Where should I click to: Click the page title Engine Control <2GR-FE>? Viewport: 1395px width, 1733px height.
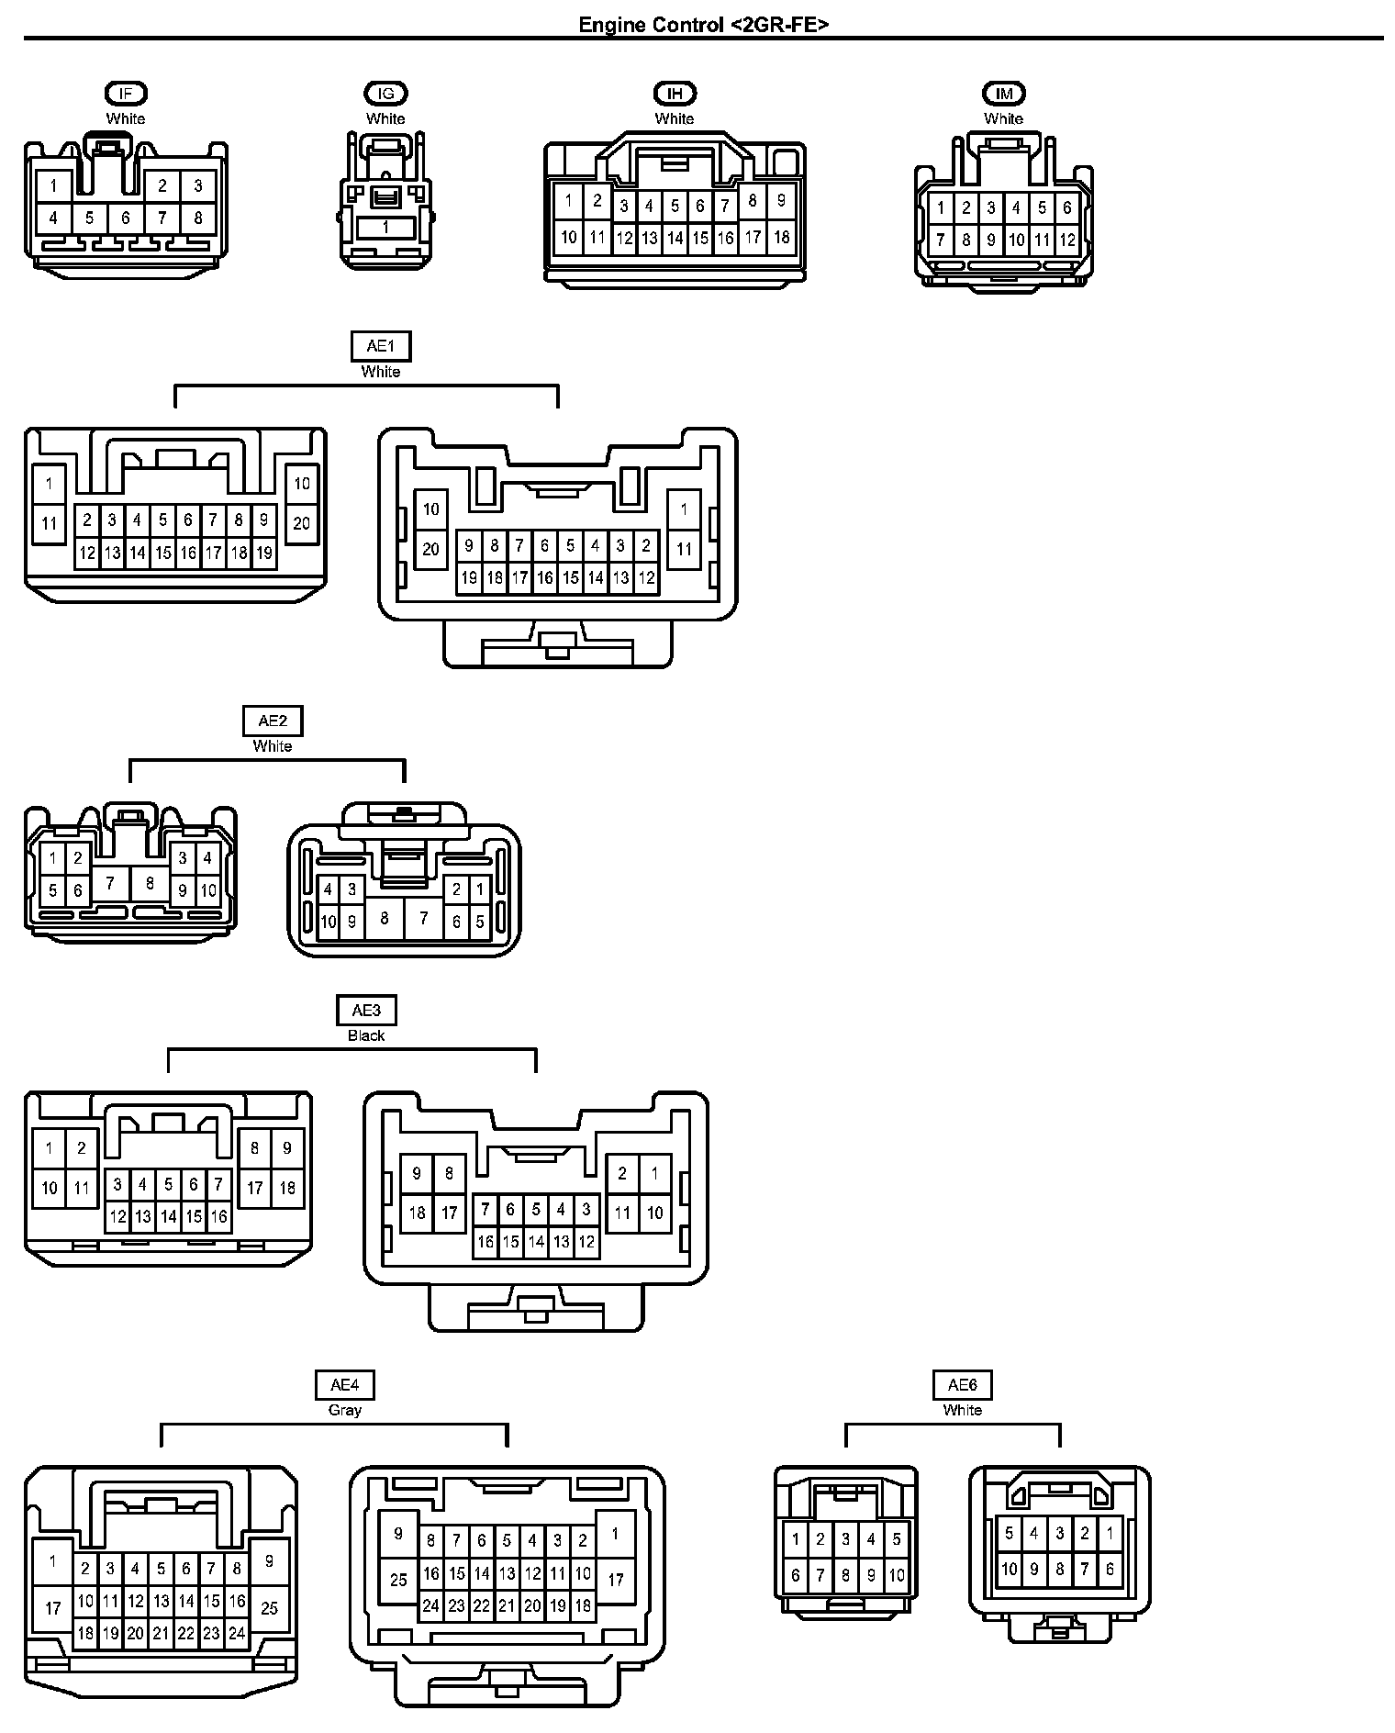(x=703, y=25)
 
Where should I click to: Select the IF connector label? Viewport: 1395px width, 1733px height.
(x=126, y=93)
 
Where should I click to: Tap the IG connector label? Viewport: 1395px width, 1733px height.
(x=385, y=93)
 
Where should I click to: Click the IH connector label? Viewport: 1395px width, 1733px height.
(x=675, y=93)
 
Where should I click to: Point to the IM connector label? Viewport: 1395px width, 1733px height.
(x=1003, y=93)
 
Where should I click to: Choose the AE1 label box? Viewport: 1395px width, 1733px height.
(x=381, y=346)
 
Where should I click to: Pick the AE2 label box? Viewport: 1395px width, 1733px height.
(x=273, y=721)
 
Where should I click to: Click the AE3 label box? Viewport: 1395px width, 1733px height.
(x=366, y=1011)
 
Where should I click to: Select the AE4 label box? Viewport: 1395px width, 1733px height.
(x=345, y=1385)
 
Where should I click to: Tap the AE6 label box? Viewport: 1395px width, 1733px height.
(x=963, y=1385)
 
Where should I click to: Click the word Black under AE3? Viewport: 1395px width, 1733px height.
(x=366, y=1035)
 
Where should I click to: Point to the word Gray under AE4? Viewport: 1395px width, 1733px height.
(x=345, y=1410)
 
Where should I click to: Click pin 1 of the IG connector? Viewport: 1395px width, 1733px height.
(x=385, y=228)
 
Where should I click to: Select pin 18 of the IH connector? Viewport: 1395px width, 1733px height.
(x=781, y=237)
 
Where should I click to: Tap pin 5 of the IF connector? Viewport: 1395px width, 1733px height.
(x=89, y=218)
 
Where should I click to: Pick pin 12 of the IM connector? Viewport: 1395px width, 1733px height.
(x=1066, y=241)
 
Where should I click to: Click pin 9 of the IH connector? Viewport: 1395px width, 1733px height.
(x=781, y=200)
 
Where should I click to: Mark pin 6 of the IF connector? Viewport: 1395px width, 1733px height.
(x=126, y=218)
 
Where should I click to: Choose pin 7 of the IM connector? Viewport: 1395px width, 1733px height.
(x=941, y=241)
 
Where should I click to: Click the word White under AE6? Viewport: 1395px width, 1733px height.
(x=963, y=1410)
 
